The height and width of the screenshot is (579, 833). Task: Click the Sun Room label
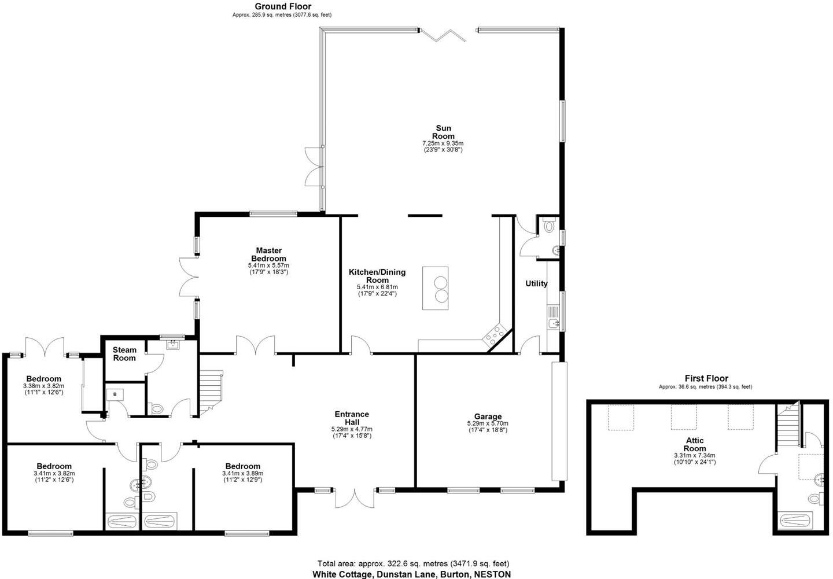pyautogui.click(x=443, y=132)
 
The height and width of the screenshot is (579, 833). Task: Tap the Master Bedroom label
pyautogui.click(x=268, y=255)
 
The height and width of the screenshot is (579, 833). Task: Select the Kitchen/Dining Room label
pyautogui.click(x=377, y=276)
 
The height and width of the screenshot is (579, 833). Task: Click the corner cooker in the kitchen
pyautogui.click(x=496, y=334)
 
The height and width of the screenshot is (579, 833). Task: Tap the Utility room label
pyautogui.click(x=536, y=283)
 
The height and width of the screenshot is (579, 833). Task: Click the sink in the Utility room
pyautogui.click(x=554, y=324)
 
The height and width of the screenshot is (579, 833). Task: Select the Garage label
pyautogui.click(x=488, y=416)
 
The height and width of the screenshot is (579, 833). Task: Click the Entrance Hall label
pyautogui.click(x=352, y=418)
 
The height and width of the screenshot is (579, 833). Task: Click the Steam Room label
pyautogui.click(x=124, y=354)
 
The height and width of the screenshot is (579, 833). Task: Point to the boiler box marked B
pyautogui.click(x=115, y=394)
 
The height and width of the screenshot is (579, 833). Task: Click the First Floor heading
pyautogui.click(x=706, y=378)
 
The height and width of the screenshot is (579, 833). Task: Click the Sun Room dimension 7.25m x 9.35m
pyautogui.click(x=443, y=143)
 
